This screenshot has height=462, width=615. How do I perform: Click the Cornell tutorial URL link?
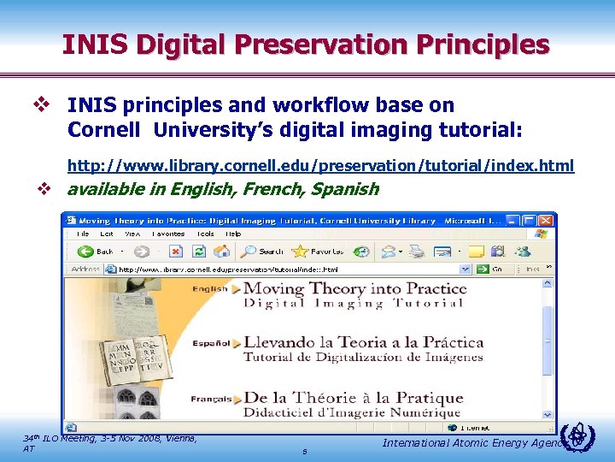320,164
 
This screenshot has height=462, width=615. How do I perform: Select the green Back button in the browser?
95,252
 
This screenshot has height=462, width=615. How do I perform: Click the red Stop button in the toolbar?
175,252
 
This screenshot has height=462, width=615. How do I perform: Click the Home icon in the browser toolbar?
221,252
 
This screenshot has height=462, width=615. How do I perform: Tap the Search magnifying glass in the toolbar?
249,252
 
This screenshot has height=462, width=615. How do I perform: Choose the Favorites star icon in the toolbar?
300,252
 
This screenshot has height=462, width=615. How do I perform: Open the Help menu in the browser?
233,234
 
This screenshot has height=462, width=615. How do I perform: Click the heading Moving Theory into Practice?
354,288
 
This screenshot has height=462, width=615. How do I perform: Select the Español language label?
212,343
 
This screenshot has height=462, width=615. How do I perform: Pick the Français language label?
210,398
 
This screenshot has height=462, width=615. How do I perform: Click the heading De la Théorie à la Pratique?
353,398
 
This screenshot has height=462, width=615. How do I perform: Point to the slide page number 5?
305,452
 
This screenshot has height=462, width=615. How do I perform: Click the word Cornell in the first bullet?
98,131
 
